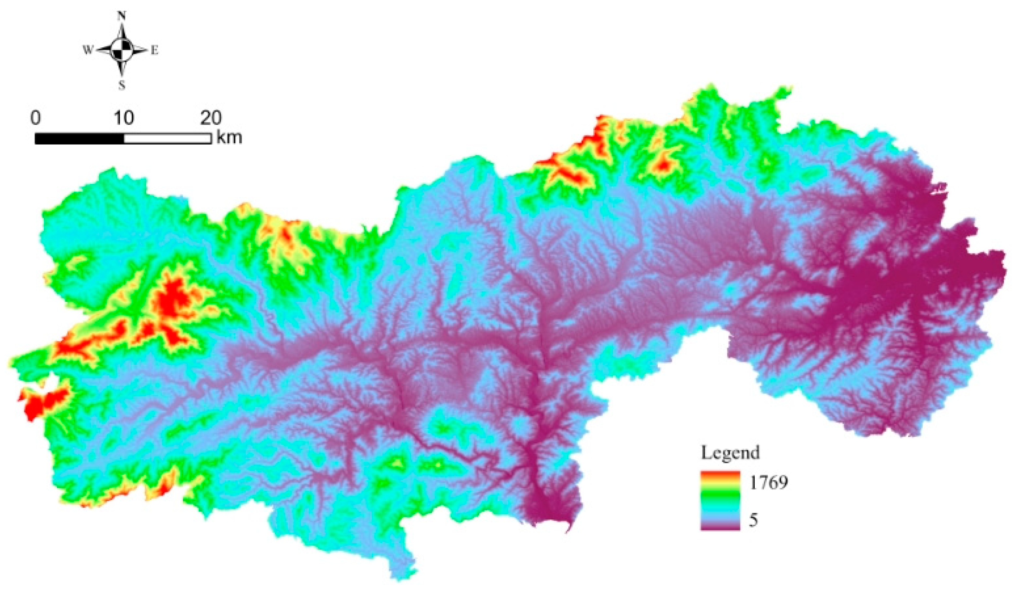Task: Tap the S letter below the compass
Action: click(x=121, y=86)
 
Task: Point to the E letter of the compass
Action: click(x=154, y=50)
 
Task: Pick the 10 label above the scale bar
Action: click(x=123, y=118)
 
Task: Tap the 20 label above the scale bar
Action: click(x=211, y=118)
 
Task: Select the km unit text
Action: click(x=229, y=138)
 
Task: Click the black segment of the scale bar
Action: click(x=79, y=139)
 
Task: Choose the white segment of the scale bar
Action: click(x=167, y=139)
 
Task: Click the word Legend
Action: click(x=730, y=453)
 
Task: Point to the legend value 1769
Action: click(x=768, y=483)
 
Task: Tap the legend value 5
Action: click(x=753, y=520)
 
